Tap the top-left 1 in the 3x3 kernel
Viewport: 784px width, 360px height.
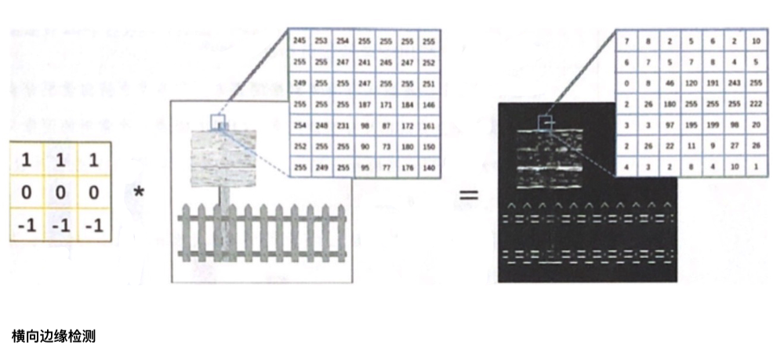coord(27,160)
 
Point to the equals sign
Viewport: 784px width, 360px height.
coord(468,193)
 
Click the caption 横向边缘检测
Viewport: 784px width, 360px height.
coord(53,335)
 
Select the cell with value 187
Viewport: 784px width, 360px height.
coord(364,103)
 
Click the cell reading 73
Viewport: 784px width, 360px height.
coord(386,145)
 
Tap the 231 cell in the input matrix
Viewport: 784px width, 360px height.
coord(343,124)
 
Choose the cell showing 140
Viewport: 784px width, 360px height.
coord(428,166)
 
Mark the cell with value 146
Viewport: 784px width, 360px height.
coord(428,103)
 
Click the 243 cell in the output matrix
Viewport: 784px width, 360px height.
coord(735,82)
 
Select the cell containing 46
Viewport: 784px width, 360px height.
coord(669,82)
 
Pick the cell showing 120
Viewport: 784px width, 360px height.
coord(691,82)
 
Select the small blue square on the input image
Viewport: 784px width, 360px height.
coord(217,121)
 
